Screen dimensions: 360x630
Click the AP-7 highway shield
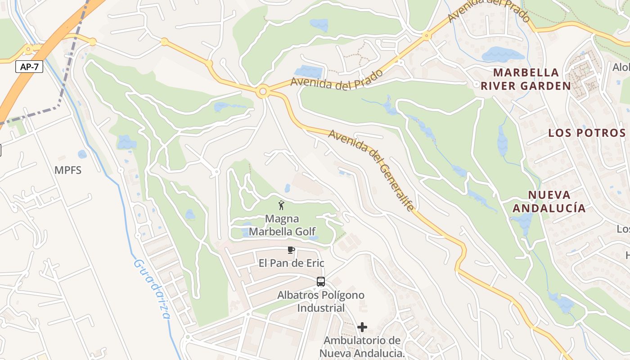point(29,67)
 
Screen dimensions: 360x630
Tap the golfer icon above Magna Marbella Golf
point(282,206)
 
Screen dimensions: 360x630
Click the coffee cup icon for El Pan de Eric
point(291,250)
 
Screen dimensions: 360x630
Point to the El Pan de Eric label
point(291,263)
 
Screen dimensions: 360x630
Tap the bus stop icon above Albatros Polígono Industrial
point(321,282)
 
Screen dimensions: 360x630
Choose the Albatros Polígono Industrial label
point(321,301)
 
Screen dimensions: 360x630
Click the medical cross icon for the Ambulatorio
point(362,327)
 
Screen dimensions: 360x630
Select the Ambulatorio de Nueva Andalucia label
point(362,346)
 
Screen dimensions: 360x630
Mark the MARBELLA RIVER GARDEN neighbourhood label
point(526,79)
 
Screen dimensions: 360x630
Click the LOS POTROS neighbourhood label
point(587,133)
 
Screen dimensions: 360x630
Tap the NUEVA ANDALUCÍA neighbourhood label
point(549,201)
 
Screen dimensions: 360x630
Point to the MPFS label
point(68,170)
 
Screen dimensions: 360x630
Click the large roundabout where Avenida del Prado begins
point(263,92)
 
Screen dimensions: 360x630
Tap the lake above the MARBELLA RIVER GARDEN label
point(502,54)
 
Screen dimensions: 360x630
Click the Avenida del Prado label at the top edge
point(489,10)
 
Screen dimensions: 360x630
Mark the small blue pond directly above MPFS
point(82,154)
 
